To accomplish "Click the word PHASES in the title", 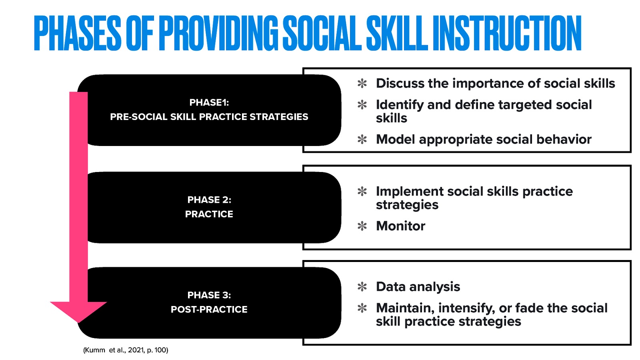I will click(77, 34).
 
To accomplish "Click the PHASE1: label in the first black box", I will click(209, 102).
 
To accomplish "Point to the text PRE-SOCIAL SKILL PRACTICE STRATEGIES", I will click(209, 117).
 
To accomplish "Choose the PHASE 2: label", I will click(209, 200).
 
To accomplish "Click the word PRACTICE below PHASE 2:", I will click(209, 214).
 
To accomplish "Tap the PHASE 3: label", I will click(209, 295).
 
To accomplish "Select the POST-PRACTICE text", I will click(209, 309).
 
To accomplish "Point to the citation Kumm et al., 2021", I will click(126, 350).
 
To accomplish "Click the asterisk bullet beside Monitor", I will click(362, 226).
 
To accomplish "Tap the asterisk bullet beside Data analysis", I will click(362, 287).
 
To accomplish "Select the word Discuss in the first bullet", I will click(400, 83).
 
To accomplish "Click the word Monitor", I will click(400, 226).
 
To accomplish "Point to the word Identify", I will click(400, 105).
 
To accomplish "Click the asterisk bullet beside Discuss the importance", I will click(362, 84).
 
